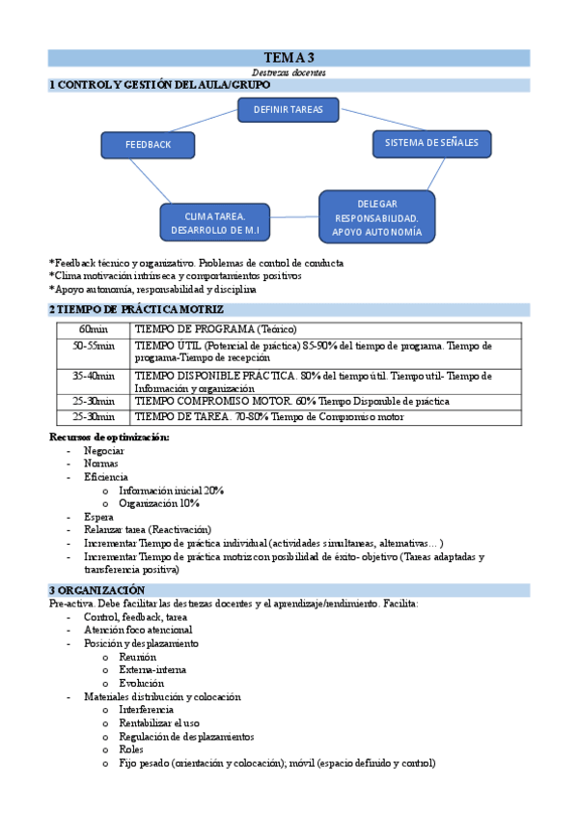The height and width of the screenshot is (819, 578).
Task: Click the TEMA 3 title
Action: click(x=289, y=58)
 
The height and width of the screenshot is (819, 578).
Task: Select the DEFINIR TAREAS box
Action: click(x=288, y=110)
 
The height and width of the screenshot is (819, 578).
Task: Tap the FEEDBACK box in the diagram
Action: click(x=148, y=145)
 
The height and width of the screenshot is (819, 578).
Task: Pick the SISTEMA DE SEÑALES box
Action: click(x=431, y=143)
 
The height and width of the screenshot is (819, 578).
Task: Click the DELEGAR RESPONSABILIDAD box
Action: click(x=376, y=217)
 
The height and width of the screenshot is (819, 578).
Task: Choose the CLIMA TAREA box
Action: click(x=215, y=223)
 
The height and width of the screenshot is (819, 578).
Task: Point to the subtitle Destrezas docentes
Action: click(x=289, y=72)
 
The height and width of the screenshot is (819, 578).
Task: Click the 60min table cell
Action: click(x=93, y=329)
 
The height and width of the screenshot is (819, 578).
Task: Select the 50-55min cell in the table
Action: click(x=93, y=345)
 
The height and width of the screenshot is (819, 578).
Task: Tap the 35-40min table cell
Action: click(x=93, y=376)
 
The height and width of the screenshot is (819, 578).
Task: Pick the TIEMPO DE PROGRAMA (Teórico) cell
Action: click(x=214, y=329)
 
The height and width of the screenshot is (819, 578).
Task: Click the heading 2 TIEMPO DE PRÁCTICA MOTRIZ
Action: click(x=136, y=309)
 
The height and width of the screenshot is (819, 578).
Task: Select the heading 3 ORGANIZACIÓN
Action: click(x=97, y=589)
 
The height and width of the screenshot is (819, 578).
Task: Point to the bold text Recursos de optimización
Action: click(x=109, y=438)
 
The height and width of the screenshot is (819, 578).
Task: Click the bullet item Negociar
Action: click(x=103, y=450)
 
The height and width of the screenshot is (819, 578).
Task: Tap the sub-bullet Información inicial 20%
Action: click(x=172, y=491)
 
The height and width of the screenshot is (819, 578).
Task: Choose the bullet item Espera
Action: click(x=98, y=518)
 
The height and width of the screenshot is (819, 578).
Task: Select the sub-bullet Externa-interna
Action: click(x=152, y=669)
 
